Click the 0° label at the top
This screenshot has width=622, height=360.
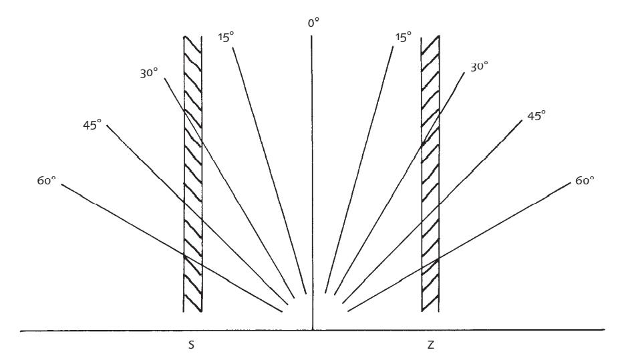point(313,23)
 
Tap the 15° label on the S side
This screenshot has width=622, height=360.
point(226,37)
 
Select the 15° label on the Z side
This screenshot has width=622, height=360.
point(403,37)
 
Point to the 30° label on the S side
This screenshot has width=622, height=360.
point(149,73)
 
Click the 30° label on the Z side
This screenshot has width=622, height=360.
point(479,67)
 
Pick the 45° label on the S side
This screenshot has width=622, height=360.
point(92,126)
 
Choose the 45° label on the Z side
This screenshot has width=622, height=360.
point(536,116)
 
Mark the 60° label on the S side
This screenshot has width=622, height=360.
point(46,181)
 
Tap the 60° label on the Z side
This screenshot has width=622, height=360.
point(585,181)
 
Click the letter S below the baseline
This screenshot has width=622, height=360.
point(191,345)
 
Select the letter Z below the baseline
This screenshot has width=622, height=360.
point(431,345)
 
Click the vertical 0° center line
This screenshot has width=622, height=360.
point(312,183)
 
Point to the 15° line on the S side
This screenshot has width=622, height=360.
point(269,171)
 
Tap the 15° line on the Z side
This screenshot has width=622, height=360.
point(359,170)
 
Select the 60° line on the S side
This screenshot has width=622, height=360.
point(171,248)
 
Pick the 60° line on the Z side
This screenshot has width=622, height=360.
point(458,246)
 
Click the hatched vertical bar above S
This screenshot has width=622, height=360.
point(193,174)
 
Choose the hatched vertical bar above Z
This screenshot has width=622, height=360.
point(430,174)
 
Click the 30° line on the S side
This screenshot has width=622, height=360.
point(229,188)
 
